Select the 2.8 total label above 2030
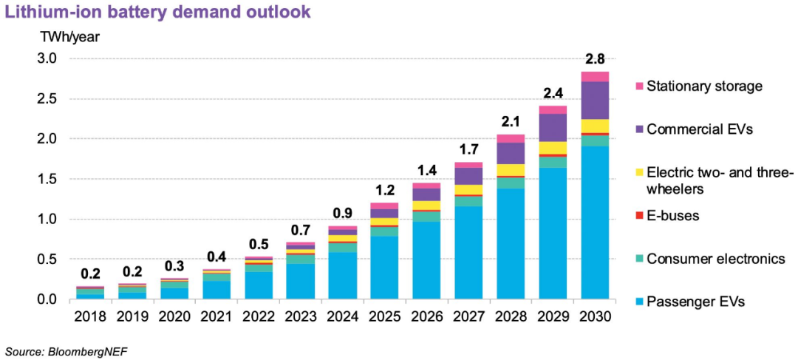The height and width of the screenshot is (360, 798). (596, 58)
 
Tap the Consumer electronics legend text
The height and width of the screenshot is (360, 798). (715, 259)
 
